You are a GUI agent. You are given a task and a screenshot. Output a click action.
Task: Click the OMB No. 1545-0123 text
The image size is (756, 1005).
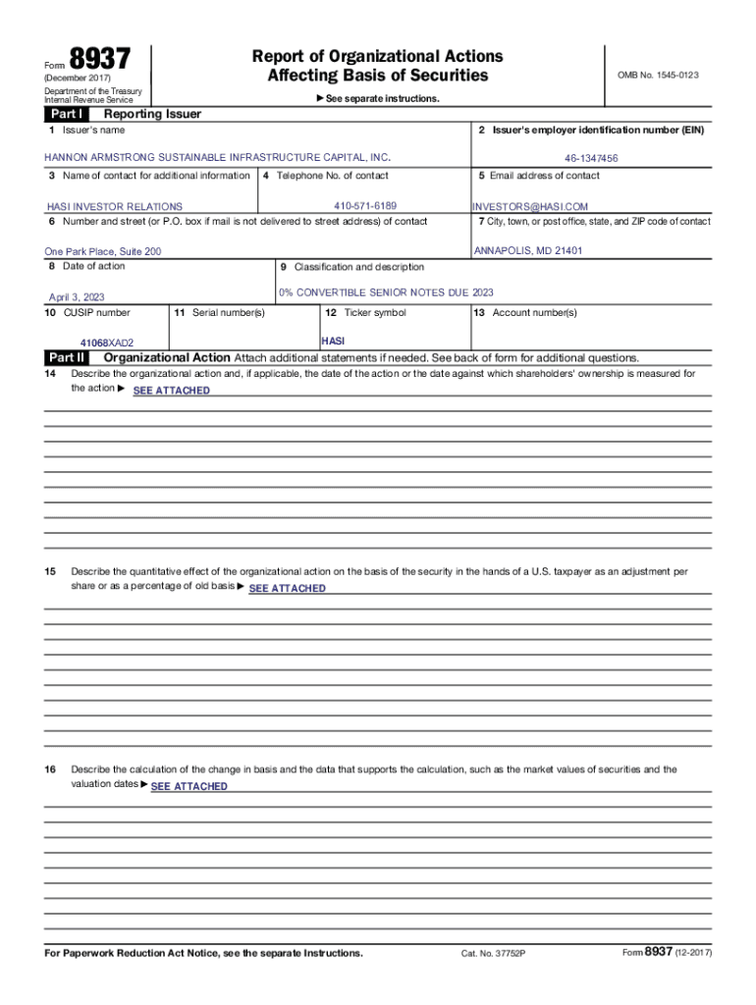tap(658, 75)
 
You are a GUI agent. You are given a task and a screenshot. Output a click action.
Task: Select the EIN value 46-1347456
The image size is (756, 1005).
tap(591, 158)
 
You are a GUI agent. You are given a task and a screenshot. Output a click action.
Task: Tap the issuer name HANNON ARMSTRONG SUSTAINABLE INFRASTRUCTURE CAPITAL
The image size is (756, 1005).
tap(217, 157)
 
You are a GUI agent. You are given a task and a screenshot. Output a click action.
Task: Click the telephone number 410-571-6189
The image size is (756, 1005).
tap(365, 206)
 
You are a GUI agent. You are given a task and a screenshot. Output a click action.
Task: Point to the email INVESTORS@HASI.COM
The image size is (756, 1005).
tap(530, 207)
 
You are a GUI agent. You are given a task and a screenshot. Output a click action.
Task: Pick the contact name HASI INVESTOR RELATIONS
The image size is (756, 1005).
tap(115, 207)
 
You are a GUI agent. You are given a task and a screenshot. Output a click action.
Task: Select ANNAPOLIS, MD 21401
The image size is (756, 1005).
tap(528, 251)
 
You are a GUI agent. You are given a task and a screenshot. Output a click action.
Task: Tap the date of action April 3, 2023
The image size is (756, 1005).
tap(77, 297)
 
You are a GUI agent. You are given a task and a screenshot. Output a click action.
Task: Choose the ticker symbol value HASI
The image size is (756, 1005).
tap(333, 340)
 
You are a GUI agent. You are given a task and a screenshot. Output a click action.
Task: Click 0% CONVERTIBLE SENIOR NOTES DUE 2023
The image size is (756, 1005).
tap(387, 292)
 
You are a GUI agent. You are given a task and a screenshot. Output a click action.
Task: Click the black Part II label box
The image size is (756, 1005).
tap(67, 358)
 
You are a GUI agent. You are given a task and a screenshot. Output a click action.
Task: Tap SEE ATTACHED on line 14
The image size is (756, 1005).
tap(171, 391)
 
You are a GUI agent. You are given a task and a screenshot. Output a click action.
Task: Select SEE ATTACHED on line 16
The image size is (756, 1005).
tap(189, 786)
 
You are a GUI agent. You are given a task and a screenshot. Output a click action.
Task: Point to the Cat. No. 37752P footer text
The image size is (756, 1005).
tap(494, 954)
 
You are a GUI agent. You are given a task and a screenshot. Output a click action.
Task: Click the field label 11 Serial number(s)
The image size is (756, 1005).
tap(219, 313)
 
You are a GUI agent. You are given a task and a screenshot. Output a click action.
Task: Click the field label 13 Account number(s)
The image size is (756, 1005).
tap(524, 313)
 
